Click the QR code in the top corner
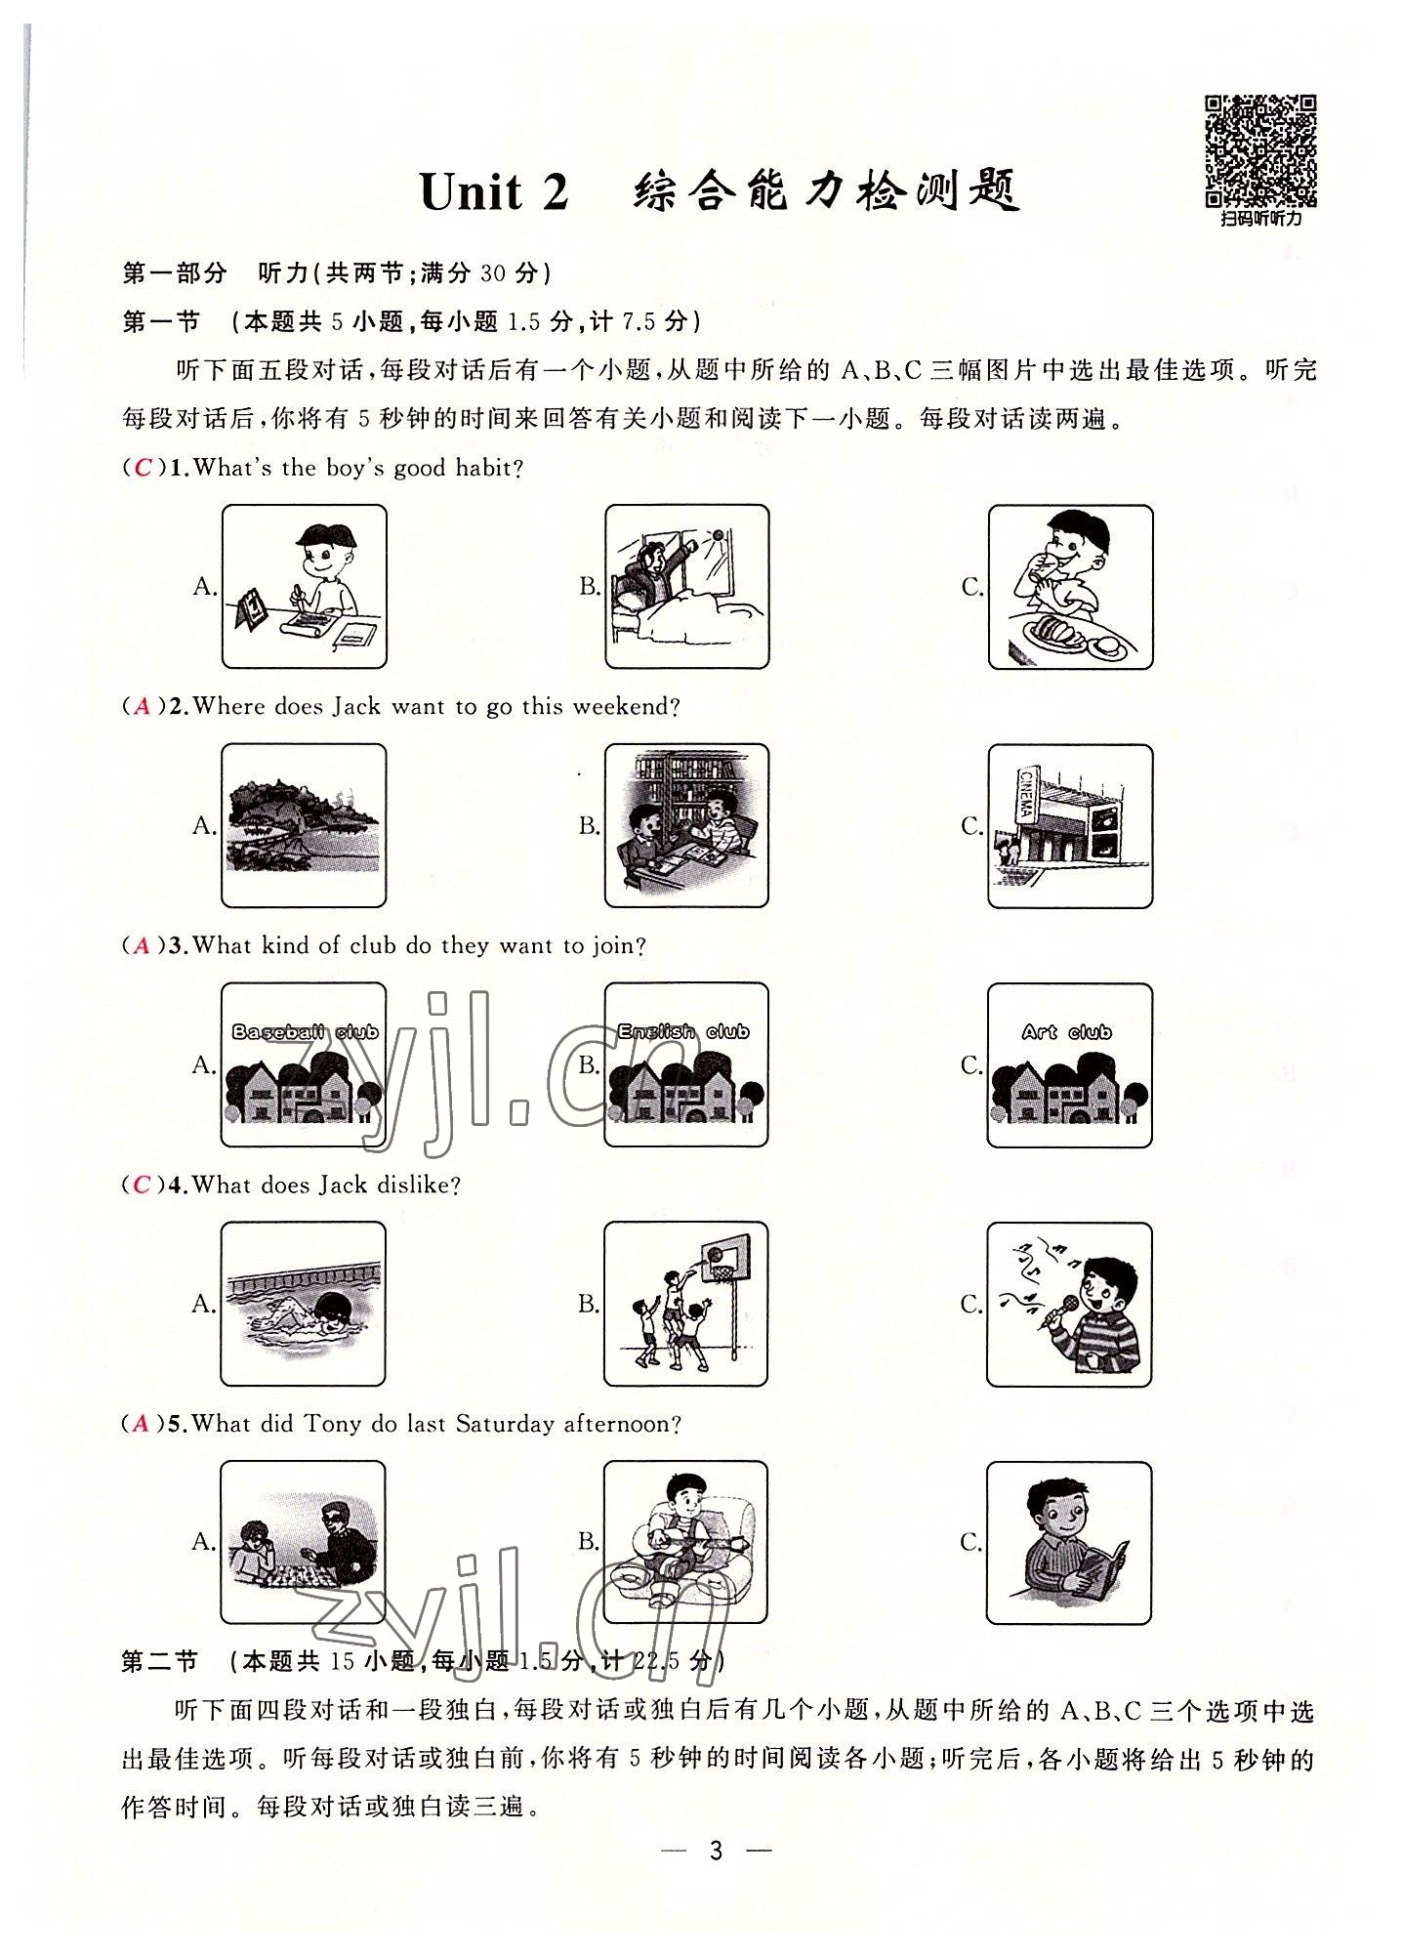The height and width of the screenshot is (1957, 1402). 1260,150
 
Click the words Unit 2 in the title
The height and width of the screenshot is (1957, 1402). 494,192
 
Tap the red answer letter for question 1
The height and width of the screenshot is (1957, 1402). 144,468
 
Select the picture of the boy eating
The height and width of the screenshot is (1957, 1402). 1070,587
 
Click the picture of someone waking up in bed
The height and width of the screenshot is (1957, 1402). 686,587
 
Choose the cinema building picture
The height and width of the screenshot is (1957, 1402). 1070,825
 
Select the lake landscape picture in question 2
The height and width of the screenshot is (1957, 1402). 304,825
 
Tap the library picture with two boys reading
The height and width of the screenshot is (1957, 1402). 686,825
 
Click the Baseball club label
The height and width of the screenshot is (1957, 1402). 305,1032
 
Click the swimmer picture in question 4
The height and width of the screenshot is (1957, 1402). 304,1304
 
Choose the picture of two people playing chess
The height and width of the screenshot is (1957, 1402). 304,1542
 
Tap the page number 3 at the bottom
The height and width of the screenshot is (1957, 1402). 716,1905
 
